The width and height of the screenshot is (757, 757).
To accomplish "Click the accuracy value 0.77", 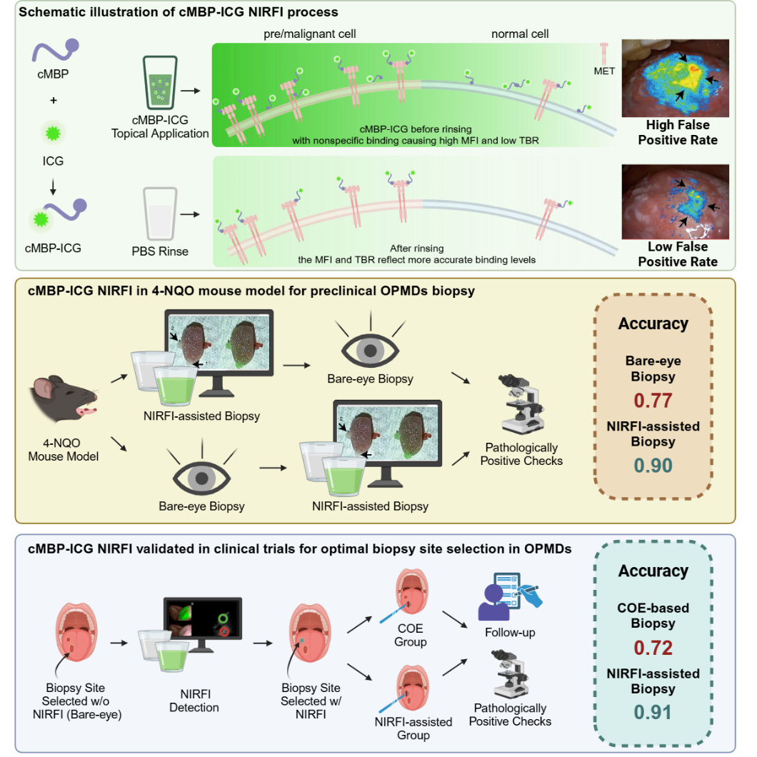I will point(653,399).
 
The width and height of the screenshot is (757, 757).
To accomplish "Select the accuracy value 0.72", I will point(653,648).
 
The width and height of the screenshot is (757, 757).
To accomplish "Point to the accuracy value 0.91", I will point(653,712).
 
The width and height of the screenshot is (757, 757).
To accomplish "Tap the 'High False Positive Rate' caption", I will point(677,133).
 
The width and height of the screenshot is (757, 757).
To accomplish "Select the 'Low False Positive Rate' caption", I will point(677,255).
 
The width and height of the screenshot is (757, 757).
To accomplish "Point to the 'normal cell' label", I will point(520,34).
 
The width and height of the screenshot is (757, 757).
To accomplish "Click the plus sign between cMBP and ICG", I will point(53,100).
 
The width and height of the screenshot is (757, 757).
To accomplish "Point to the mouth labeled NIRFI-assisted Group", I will point(412,688).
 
